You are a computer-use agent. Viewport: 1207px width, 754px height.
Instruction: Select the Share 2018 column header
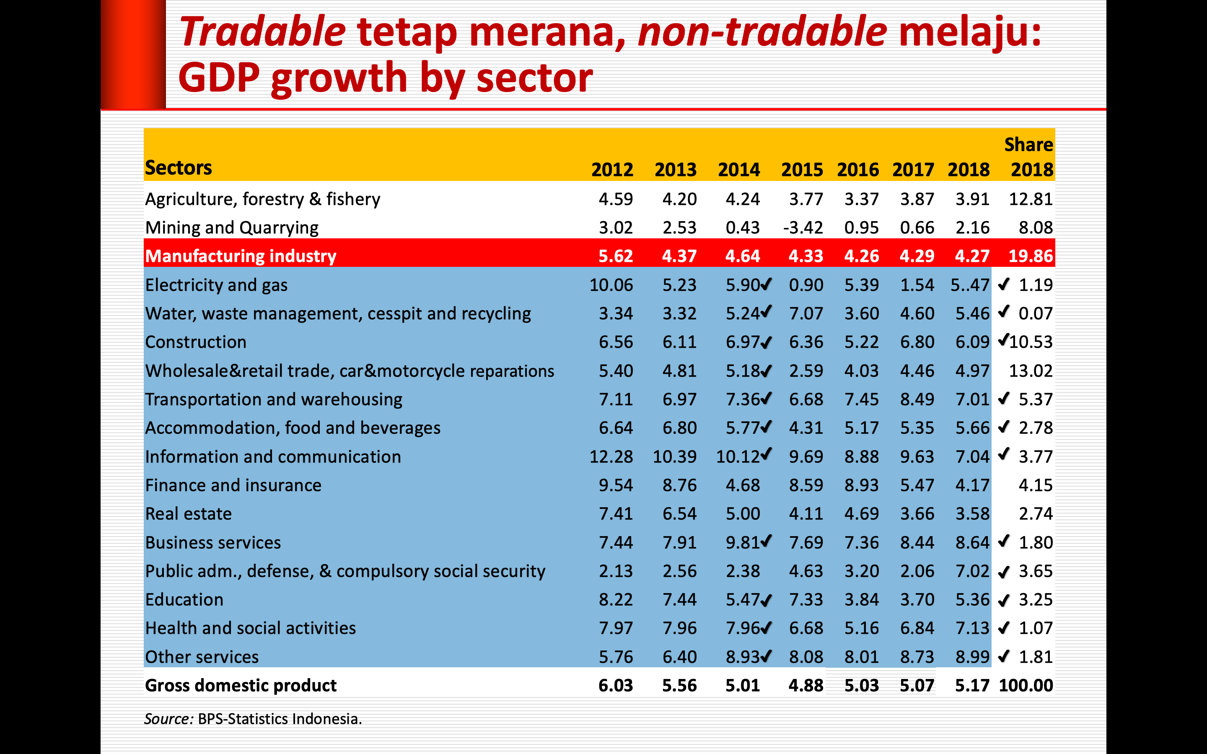point(1028,157)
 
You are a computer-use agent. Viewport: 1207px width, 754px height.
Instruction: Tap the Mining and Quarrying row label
point(232,228)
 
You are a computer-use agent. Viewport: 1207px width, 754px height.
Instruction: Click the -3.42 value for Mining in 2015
point(803,228)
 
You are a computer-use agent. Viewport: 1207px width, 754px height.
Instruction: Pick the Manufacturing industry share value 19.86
point(1031,256)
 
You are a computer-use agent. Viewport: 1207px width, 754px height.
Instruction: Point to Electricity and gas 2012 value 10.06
point(611,285)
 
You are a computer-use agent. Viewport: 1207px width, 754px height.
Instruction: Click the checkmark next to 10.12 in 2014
point(766,453)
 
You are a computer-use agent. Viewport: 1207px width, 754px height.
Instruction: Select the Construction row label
point(196,342)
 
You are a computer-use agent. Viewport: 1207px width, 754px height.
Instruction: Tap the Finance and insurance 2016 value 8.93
point(861,485)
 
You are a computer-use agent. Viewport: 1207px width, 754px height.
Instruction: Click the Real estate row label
point(189,514)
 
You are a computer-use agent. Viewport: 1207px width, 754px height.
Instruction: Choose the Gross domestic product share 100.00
point(1026,686)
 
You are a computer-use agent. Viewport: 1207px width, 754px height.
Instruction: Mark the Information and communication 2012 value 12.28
point(611,457)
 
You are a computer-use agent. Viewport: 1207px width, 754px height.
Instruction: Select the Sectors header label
point(179,168)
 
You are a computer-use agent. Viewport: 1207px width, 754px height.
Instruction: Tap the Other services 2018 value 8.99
point(972,657)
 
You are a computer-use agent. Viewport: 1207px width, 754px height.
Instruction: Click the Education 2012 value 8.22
point(616,600)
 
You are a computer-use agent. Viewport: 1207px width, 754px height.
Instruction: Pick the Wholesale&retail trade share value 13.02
point(1031,371)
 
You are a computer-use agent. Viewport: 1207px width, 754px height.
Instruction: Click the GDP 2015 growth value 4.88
point(806,686)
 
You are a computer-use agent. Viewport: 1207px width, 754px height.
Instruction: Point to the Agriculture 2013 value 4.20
point(679,199)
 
